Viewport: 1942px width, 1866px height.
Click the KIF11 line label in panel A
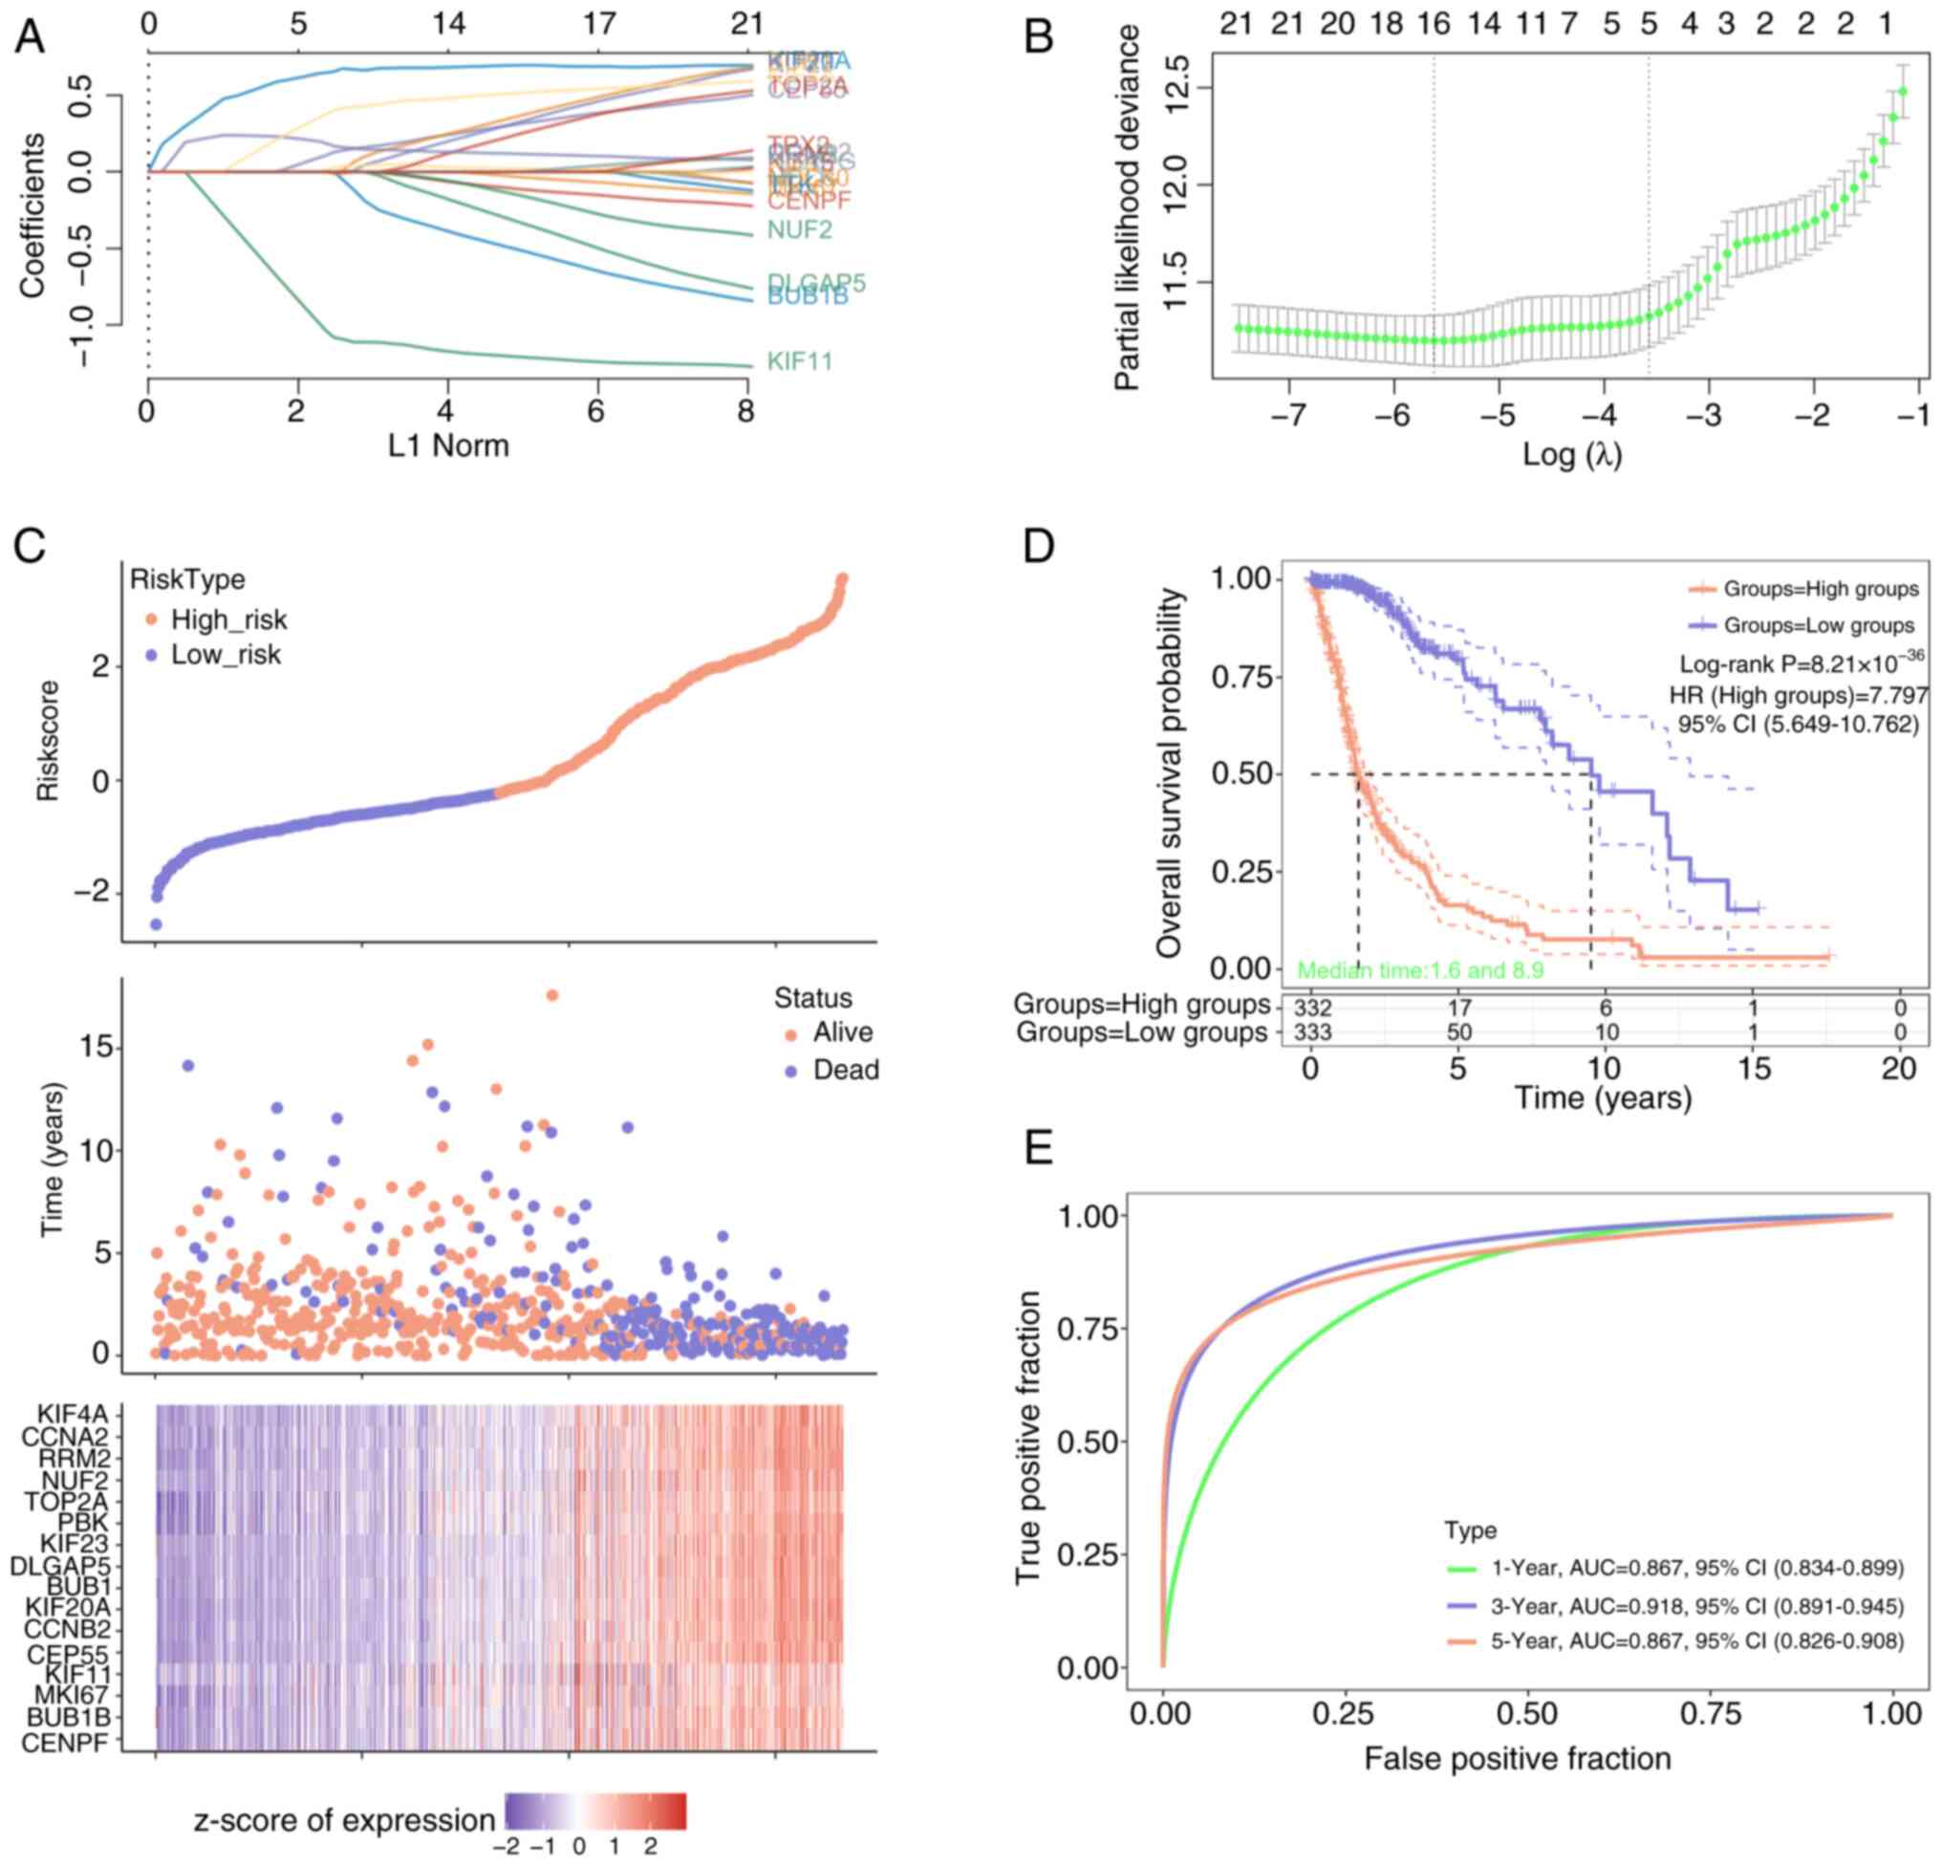click(800, 360)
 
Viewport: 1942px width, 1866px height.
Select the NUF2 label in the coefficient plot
click(800, 231)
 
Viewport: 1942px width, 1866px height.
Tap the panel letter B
click(1037, 37)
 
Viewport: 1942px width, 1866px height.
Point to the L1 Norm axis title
click(448, 445)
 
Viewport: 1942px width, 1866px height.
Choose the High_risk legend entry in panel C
click(227, 620)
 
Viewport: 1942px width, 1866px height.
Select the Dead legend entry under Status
click(845, 1071)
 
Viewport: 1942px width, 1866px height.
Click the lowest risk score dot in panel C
click(156, 924)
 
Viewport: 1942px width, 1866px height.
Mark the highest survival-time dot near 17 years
click(551, 996)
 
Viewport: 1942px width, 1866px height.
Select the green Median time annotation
click(1420, 970)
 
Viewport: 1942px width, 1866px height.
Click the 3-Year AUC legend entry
click(1696, 1605)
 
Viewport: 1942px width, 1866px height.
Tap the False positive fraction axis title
click(1517, 1759)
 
